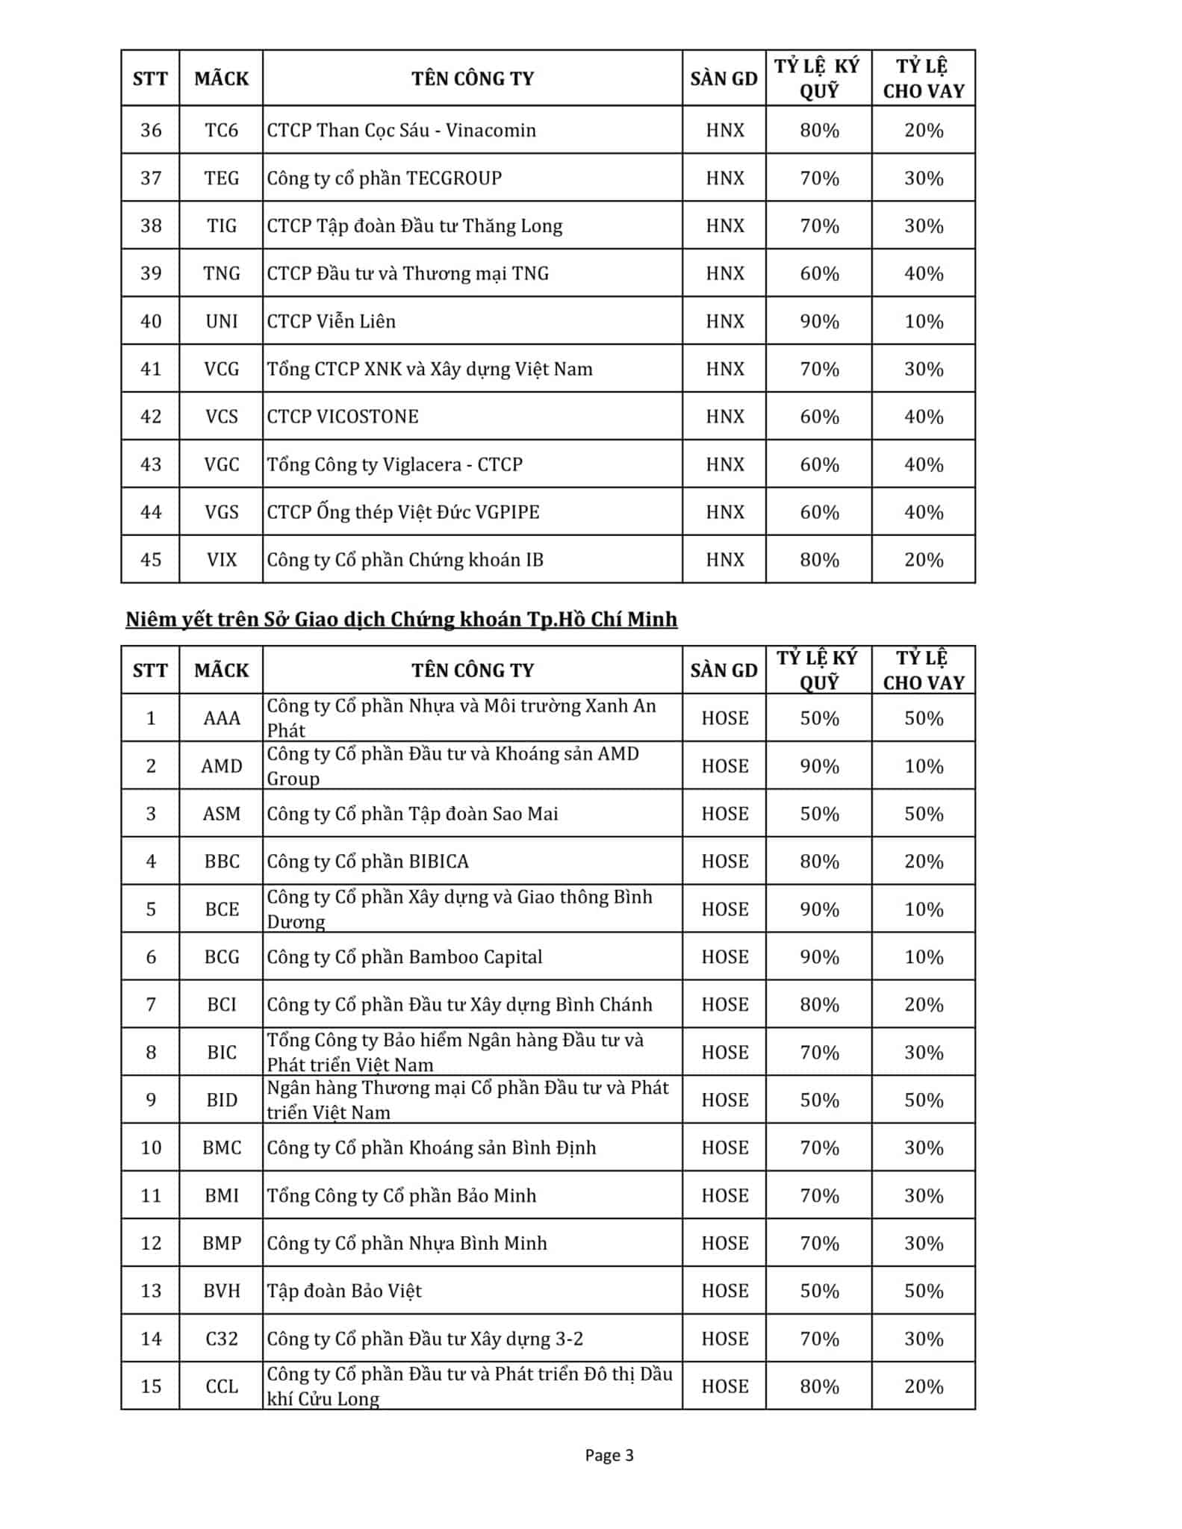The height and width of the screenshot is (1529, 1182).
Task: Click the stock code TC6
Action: (221, 131)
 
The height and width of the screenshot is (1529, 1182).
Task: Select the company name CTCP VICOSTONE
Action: (343, 417)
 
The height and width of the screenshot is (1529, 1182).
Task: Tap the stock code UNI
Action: (221, 322)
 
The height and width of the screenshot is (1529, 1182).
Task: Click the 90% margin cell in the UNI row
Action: (819, 322)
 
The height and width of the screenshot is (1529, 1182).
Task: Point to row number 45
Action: (151, 560)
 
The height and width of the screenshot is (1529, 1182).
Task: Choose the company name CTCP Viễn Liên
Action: (332, 322)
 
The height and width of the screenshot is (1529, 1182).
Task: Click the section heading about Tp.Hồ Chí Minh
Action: (401, 620)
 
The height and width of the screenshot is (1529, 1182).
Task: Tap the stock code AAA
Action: (221, 718)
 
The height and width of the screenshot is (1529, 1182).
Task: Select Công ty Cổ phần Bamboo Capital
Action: (405, 957)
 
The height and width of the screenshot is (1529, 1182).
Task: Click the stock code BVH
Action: (221, 1291)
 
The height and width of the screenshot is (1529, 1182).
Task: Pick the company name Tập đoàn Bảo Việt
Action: (344, 1291)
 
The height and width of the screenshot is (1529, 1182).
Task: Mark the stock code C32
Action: (221, 1339)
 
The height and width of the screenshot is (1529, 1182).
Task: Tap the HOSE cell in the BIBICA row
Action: (724, 862)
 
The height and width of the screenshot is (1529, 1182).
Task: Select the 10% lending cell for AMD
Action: (924, 766)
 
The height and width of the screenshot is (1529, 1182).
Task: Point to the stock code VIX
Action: (221, 560)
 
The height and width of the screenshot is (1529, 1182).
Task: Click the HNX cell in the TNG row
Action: (724, 274)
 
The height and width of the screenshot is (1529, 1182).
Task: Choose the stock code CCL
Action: (221, 1386)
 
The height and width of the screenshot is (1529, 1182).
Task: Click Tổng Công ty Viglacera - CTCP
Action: (395, 464)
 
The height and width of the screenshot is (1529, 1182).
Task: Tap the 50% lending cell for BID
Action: (924, 1100)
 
